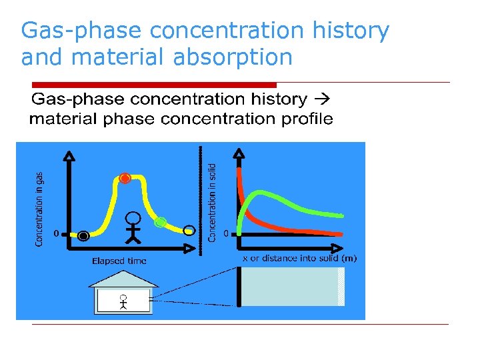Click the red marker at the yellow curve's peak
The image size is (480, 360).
[x=125, y=178]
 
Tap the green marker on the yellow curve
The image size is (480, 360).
[x=160, y=222]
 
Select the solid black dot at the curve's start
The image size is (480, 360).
[x=83, y=235]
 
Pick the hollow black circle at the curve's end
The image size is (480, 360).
[x=189, y=231]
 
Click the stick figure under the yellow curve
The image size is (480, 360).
[x=134, y=226]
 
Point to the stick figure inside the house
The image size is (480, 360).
[x=123, y=302]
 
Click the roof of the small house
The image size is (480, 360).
[x=124, y=279]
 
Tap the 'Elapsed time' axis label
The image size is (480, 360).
[x=119, y=261]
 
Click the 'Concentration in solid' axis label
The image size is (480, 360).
[x=212, y=202]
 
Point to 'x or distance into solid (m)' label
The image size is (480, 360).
[x=299, y=259]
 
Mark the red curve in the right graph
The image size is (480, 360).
[x=267, y=223]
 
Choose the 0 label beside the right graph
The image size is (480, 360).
[x=227, y=233]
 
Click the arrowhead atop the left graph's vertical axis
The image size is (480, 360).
[x=67, y=156]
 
